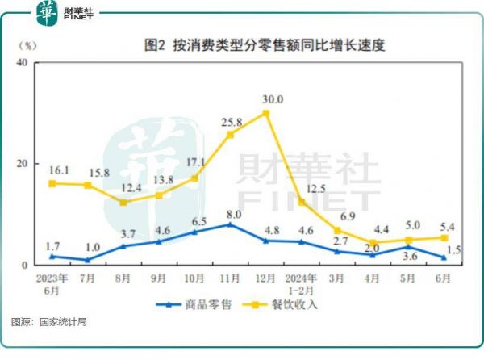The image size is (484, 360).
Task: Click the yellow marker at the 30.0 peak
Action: pos(266,113)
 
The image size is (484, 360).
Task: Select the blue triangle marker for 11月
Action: pos(230,224)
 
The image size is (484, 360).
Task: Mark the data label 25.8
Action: pos(231,123)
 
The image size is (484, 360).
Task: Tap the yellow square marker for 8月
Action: pos(123,202)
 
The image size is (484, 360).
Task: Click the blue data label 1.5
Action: pos(453,250)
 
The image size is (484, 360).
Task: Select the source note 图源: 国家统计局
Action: pos(49,322)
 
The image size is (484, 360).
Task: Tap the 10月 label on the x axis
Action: pos(194,278)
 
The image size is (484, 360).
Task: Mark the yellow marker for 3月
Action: pos(337,230)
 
